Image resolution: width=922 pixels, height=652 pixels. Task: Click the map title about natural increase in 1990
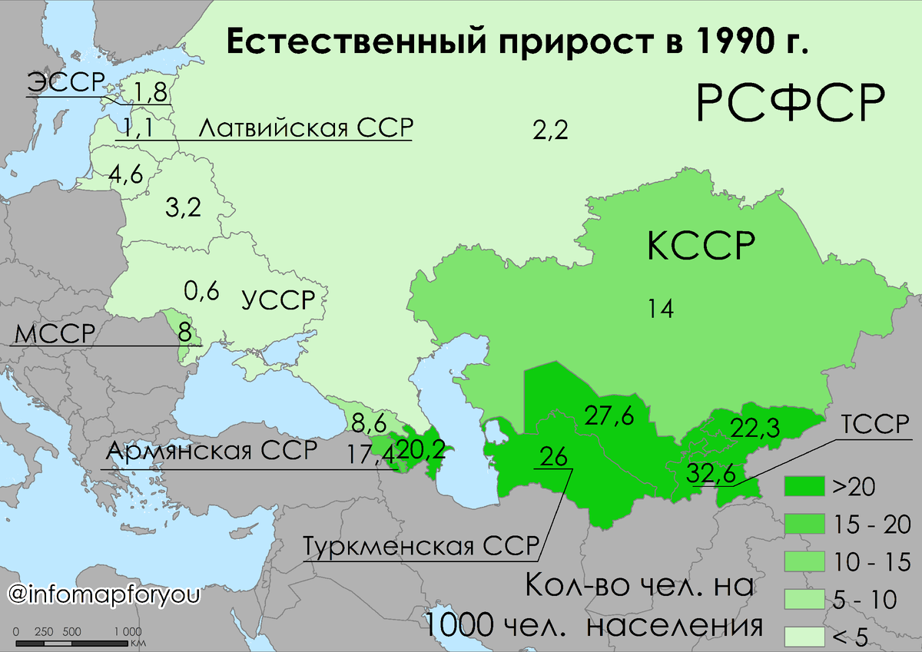517,43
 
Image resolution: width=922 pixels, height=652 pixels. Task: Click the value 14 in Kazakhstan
661,309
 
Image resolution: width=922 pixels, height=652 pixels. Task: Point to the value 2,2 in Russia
550,131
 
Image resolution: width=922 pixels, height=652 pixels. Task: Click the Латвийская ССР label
305,127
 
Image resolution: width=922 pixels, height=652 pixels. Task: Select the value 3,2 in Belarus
183,207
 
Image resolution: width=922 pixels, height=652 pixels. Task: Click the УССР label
278,300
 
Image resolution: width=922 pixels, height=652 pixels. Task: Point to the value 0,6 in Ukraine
202,291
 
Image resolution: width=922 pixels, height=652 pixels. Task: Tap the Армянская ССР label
211,452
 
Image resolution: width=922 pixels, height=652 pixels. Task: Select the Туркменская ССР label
420,546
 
